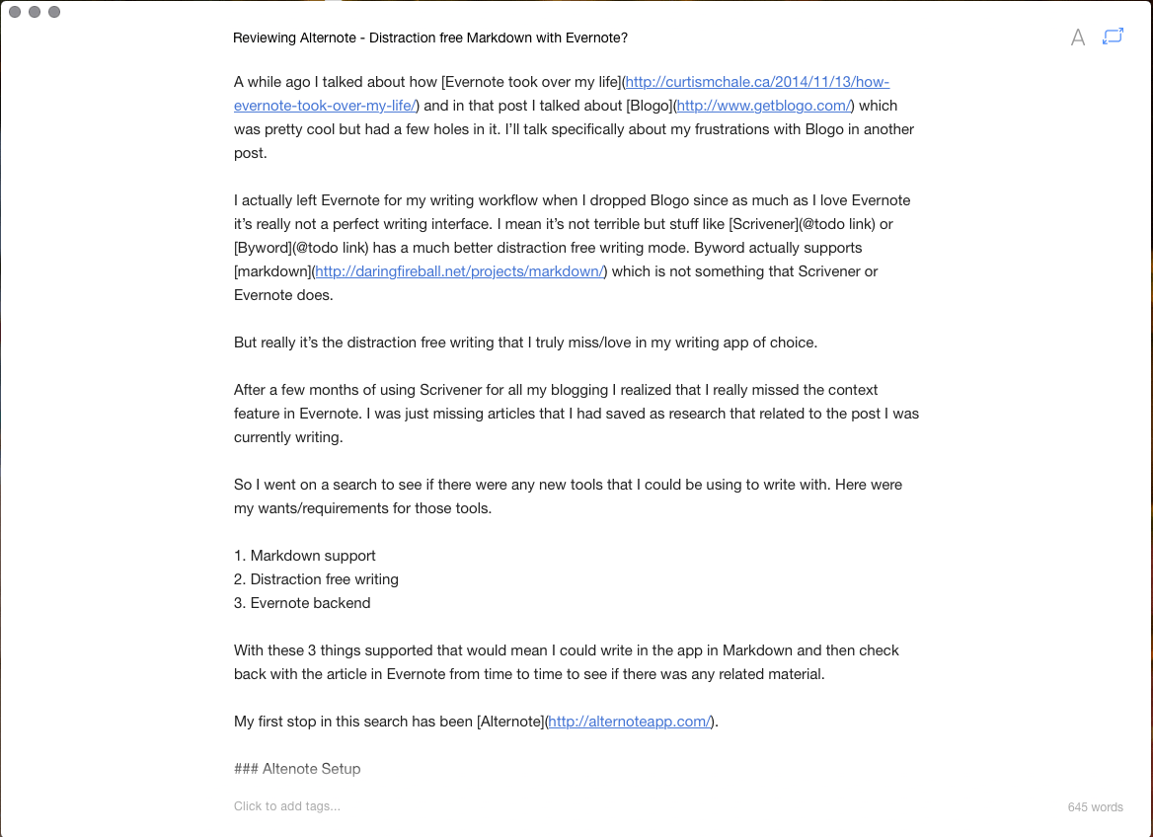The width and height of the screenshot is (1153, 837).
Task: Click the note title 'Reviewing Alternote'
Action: coord(430,38)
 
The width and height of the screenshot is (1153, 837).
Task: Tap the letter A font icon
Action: coord(1078,38)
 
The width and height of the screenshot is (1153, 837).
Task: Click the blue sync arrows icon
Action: coord(1113,37)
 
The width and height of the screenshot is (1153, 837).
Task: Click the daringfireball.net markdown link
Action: coord(459,271)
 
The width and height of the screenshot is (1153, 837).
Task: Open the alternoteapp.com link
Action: coord(629,722)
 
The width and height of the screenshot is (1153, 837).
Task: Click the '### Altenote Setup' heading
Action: coord(297,769)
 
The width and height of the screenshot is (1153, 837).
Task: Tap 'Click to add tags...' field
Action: coord(286,806)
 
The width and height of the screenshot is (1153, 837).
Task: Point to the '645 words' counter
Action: coord(1095,807)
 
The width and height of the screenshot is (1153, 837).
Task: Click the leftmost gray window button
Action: coord(15,12)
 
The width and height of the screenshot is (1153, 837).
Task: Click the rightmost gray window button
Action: coord(54,12)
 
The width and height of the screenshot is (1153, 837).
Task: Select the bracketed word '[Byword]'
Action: coord(264,248)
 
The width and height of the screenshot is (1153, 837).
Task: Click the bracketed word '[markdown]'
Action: coord(271,271)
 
